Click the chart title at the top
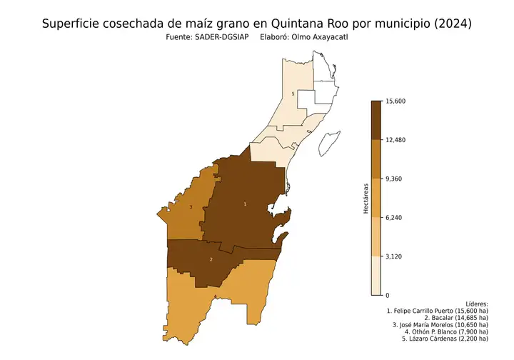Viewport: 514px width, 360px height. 257,24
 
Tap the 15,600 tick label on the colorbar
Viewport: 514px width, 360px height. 395,101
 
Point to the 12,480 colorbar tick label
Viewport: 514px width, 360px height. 395,140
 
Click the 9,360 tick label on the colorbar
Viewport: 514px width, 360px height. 393,179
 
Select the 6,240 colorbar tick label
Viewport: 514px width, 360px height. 393,218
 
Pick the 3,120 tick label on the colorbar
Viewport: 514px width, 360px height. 393,256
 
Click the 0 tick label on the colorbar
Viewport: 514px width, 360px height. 387,295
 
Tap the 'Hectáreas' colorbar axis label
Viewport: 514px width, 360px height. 365,198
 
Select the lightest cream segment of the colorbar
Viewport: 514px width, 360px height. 376,276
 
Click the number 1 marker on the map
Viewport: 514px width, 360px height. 246,204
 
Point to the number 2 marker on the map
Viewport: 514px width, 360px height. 211,259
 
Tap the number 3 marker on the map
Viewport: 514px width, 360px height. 191,207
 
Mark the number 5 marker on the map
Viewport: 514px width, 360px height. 293,94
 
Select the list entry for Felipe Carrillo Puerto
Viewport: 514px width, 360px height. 437,312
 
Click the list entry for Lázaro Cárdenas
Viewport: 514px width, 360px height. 444,340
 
